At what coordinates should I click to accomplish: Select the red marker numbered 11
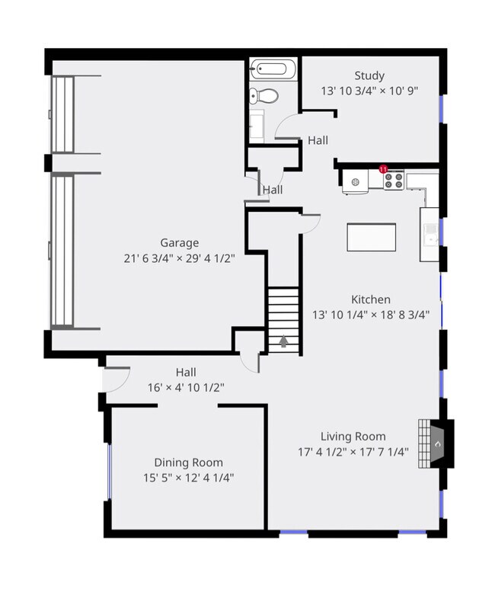tap(384, 168)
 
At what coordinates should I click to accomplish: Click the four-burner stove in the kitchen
tap(393, 181)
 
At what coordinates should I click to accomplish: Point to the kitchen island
tap(371, 236)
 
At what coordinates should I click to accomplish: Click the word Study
tap(369, 75)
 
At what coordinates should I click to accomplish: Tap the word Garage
tap(179, 244)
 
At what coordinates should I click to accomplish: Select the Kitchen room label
tap(371, 299)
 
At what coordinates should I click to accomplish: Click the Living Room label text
tap(353, 437)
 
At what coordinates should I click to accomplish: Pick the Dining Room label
tap(189, 463)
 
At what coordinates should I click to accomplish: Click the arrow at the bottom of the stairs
tap(283, 342)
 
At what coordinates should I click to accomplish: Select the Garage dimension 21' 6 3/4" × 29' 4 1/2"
tap(179, 258)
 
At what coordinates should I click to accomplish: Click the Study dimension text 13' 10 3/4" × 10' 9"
tap(369, 90)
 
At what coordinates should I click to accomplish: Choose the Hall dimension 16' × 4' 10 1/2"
tap(186, 387)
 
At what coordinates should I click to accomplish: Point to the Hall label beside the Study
tap(318, 140)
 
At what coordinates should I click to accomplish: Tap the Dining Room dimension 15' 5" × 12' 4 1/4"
tap(189, 478)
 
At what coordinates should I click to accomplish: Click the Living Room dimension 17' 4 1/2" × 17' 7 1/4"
tap(353, 452)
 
